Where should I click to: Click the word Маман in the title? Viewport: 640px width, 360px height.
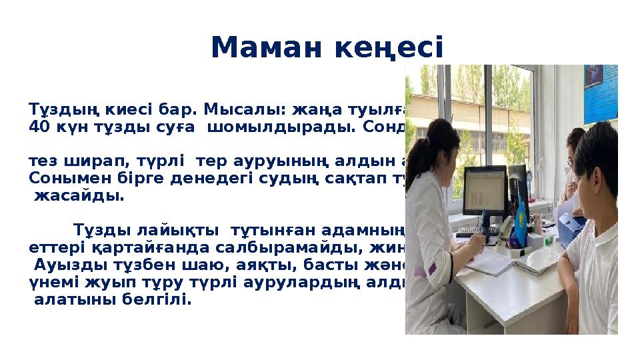[x=259, y=47]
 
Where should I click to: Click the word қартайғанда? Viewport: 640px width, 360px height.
[x=125, y=249]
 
